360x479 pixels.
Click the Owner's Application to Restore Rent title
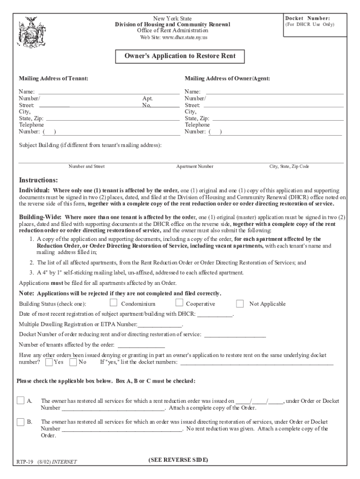pyautogui.click(x=180, y=56)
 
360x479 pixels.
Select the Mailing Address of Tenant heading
pyautogui.click(x=53, y=79)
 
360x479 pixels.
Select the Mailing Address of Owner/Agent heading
pyautogui.click(x=227, y=79)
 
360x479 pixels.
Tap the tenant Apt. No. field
pyautogui.click(x=166, y=105)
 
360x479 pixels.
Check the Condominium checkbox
pyautogui.click(x=113, y=303)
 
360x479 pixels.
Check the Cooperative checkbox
pyautogui.click(x=179, y=303)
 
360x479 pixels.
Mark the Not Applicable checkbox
pyautogui.click(x=240, y=304)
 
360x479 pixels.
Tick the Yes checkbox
pyautogui.click(x=49, y=362)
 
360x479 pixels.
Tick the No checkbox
pyautogui.click(x=73, y=362)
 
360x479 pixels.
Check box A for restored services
pyautogui.click(x=21, y=400)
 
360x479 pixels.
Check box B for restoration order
pyautogui.click(x=21, y=422)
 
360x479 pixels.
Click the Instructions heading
pyautogui.click(x=38, y=181)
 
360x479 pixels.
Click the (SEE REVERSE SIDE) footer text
pyautogui.click(x=178, y=460)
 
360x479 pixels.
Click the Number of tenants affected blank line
pyautogui.click(x=141, y=345)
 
